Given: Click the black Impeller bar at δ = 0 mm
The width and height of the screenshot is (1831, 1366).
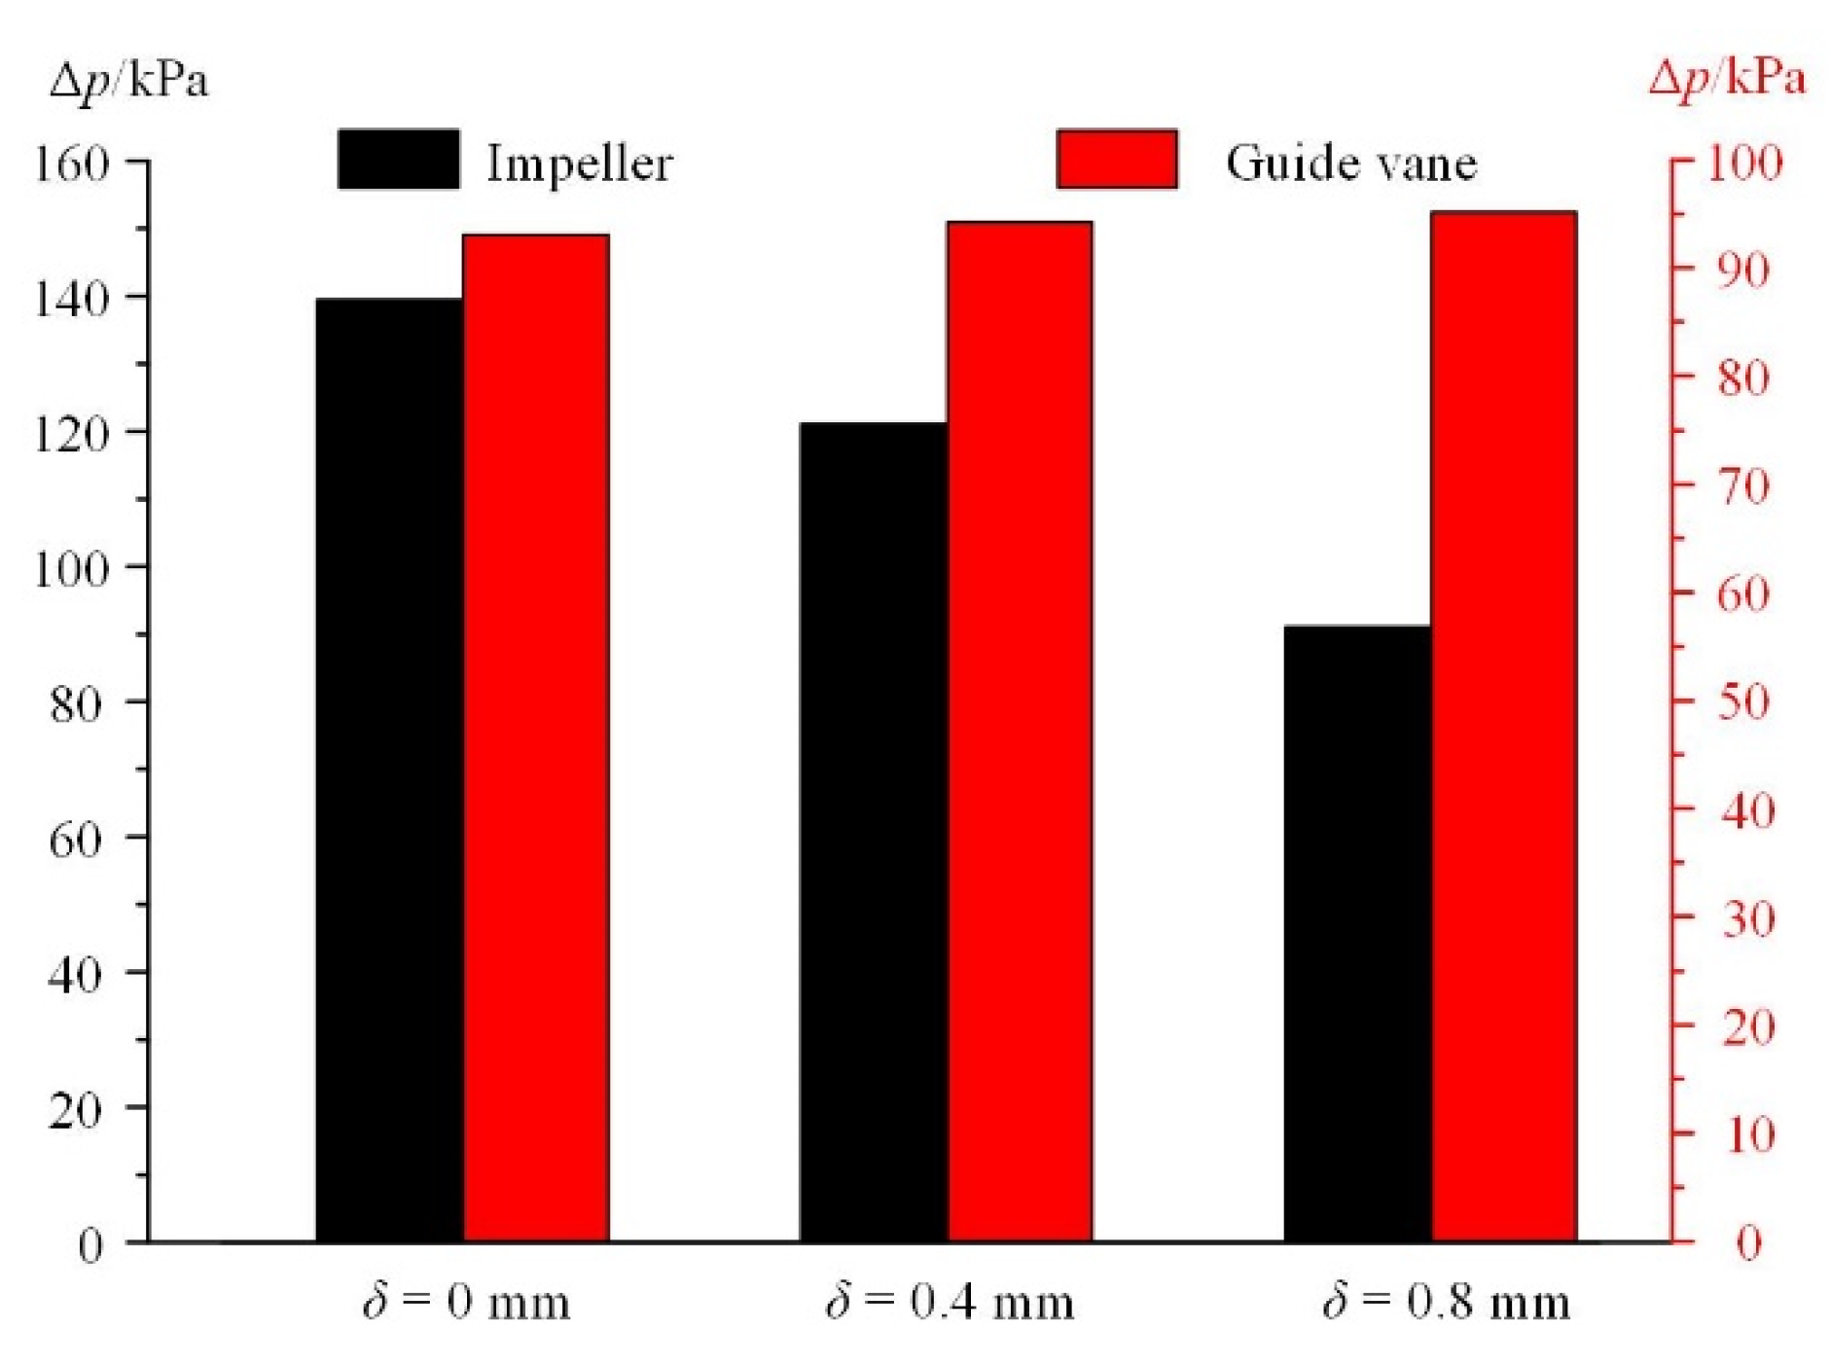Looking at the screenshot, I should (389, 769).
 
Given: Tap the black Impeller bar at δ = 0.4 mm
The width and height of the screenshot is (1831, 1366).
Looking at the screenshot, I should (873, 832).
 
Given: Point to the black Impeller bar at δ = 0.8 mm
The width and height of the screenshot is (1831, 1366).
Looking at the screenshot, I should (1357, 933).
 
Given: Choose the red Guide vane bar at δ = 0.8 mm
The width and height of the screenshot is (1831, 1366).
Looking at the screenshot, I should (1503, 726).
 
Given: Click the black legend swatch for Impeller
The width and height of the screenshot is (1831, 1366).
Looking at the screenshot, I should (399, 159).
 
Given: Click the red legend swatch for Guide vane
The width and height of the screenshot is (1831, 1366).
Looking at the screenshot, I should (1117, 159).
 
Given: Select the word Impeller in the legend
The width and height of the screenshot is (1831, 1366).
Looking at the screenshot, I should (580, 162).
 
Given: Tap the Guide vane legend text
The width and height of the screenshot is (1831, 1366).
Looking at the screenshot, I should (1351, 162).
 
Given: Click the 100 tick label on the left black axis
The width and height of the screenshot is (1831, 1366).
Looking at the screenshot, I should (71, 568).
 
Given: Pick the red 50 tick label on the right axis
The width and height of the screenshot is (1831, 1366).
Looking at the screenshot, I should (1743, 701).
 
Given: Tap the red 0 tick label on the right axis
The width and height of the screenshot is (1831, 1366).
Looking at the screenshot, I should (1749, 1243).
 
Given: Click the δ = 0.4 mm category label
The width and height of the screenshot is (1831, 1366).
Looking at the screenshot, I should (950, 1302).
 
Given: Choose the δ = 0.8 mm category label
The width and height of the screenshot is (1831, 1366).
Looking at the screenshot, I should (1447, 1302).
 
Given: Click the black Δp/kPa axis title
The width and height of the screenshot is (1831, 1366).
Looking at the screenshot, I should (129, 80).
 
